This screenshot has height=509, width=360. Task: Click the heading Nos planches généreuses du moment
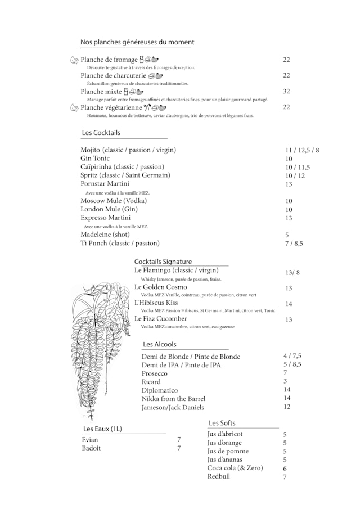tap(137, 42)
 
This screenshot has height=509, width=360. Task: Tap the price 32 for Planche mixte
tap(286, 91)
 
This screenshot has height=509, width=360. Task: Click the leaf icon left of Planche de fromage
tap(74, 60)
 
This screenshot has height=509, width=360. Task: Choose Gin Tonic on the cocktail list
tap(95, 159)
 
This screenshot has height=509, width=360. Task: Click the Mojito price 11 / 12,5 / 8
tap(302, 150)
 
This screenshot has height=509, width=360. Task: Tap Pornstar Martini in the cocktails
tap(105, 184)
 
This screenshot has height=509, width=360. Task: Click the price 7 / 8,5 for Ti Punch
tap(294, 244)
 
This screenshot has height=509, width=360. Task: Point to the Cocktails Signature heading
tap(163, 262)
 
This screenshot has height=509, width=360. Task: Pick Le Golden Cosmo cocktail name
tap(161, 287)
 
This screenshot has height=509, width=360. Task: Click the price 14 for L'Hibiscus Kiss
tap(289, 304)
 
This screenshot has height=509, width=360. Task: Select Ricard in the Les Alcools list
tap(151, 382)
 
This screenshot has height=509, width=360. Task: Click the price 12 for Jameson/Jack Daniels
tap(287, 407)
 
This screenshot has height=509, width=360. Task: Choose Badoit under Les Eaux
tap(91, 448)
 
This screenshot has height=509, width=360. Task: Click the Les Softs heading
tap(222, 423)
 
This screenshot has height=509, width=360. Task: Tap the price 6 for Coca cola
tap(285, 468)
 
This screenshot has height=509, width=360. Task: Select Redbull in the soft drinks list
tap(219, 476)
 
